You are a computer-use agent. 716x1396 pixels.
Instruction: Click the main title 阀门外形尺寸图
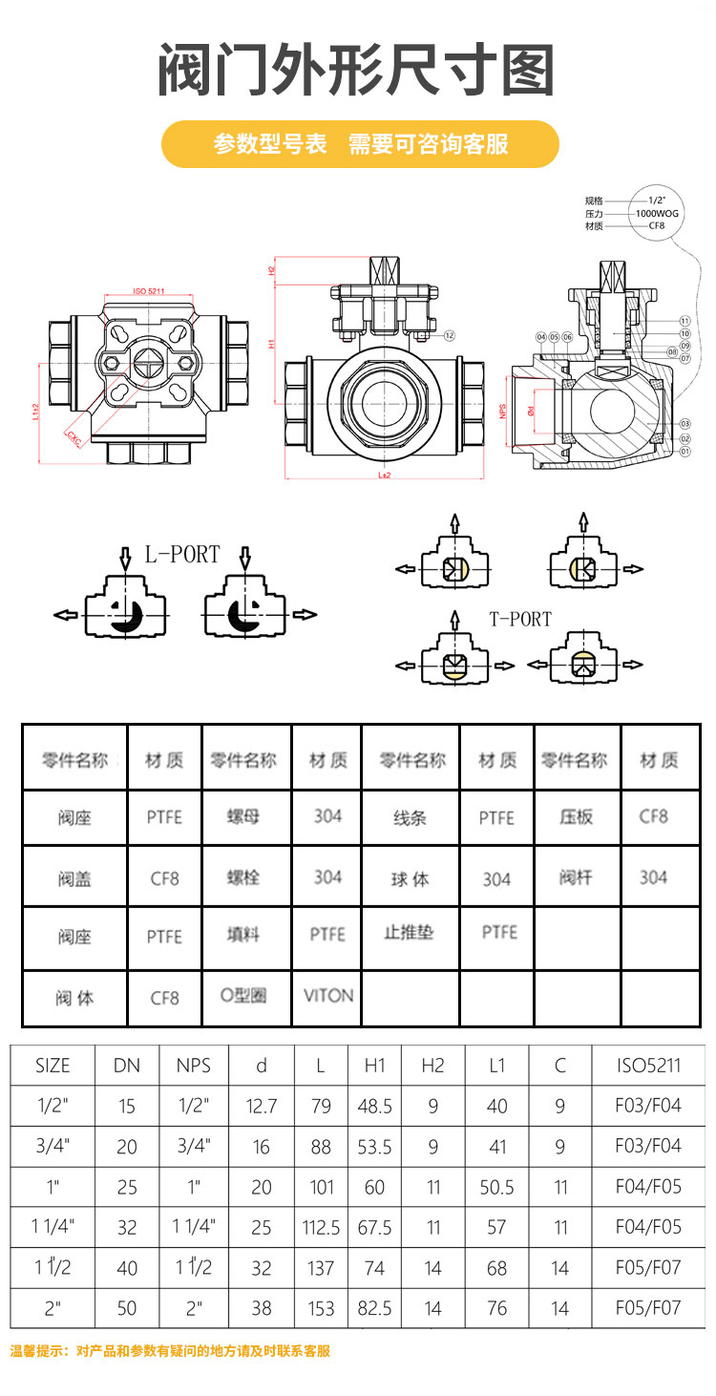pyautogui.click(x=357, y=70)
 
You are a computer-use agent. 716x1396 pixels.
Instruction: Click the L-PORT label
pyautogui.click(x=182, y=555)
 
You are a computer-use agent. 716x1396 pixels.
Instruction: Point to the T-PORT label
pyautogui.click(x=520, y=619)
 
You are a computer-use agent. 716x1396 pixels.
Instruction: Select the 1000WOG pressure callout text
pyautogui.click(x=657, y=214)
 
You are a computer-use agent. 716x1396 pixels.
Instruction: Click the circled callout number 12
pyautogui.click(x=449, y=335)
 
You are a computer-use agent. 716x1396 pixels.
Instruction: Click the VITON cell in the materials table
pyautogui.click(x=327, y=995)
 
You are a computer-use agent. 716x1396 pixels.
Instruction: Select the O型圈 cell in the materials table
pyautogui.click(x=243, y=995)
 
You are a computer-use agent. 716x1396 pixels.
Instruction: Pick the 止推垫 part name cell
pyautogui.click(x=409, y=933)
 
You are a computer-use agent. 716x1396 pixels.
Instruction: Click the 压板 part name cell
pyautogui.click(x=576, y=817)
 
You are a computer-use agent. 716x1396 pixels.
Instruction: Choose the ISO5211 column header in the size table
pyautogui.click(x=649, y=1066)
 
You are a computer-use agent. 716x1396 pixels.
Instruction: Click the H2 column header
pyautogui.click(x=432, y=1066)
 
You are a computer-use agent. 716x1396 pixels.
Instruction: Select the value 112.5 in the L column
pyautogui.click(x=322, y=1228)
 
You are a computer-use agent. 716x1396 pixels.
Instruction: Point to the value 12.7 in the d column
pyautogui.click(x=261, y=1106)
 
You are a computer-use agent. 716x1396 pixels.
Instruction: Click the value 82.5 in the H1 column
pyautogui.click(x=374, y=1308)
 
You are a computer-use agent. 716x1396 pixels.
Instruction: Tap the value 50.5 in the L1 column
pyautogui.click(x=496, y=1187)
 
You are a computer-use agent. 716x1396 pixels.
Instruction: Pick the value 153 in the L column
pyautogui.click(x=322, y=1308)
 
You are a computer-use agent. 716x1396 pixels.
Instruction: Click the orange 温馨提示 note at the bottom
pyautogui.click(x=170, y=1351)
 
